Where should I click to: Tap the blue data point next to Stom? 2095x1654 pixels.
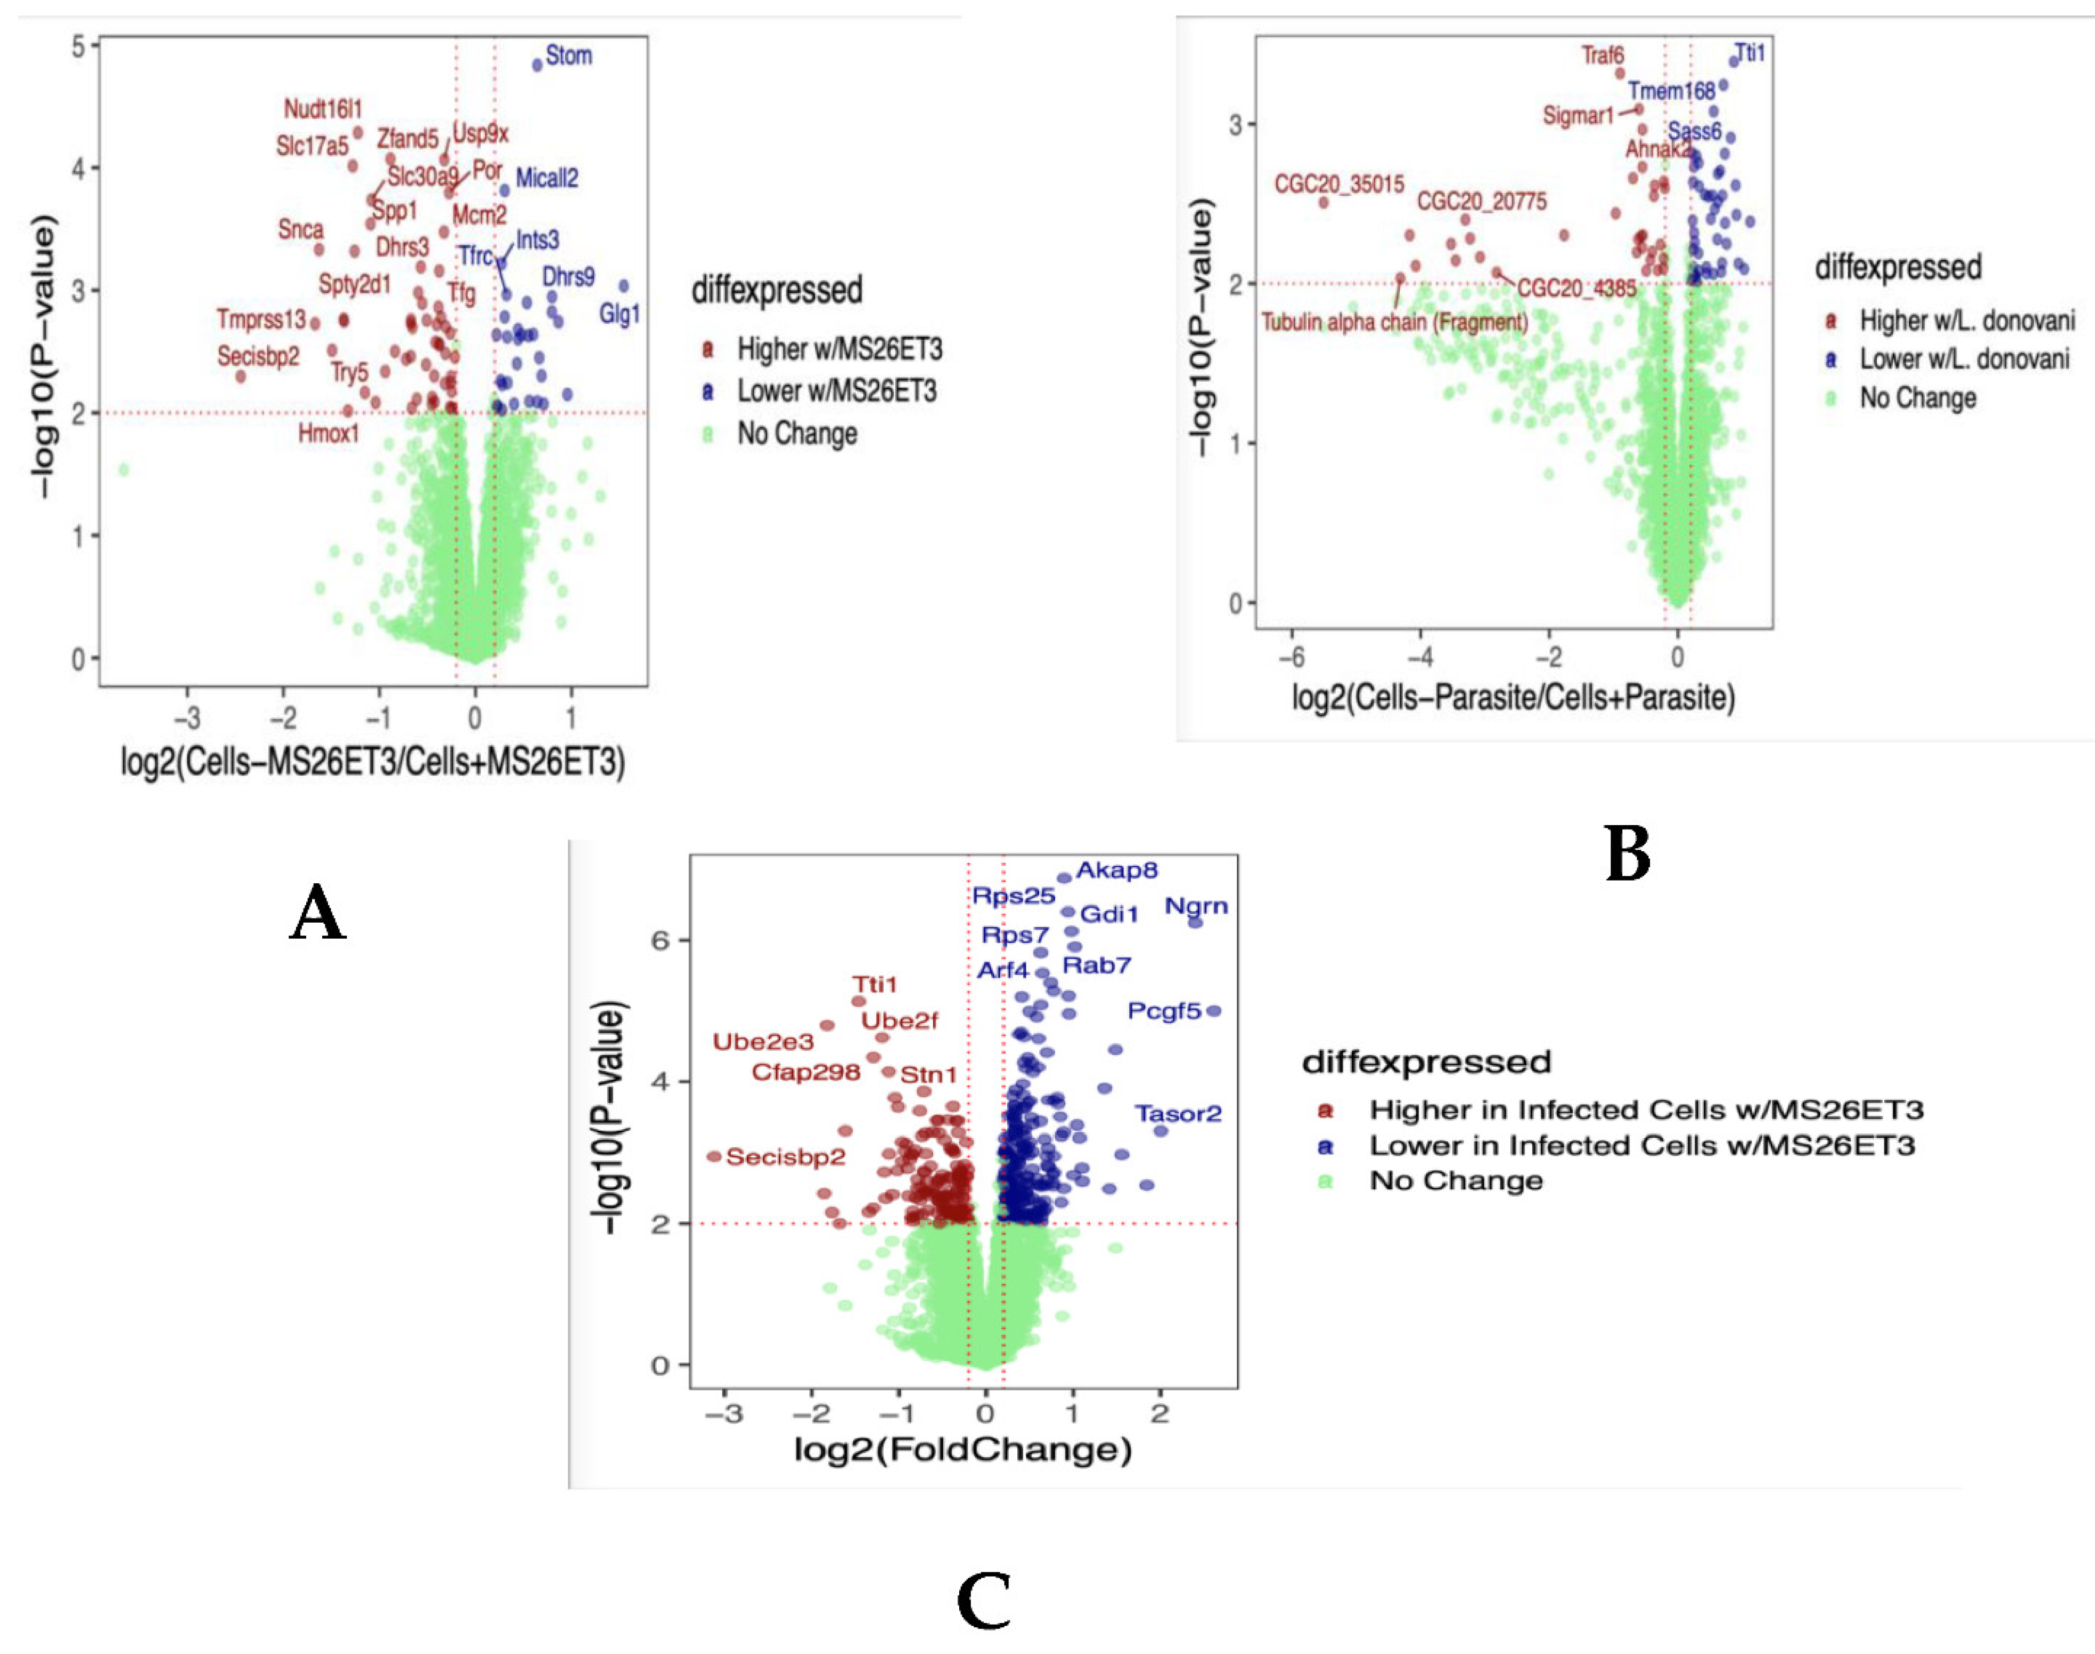pos(538,65)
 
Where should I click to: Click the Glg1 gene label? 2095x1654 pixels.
pos(620,314)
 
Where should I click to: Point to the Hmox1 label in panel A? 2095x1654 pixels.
pos(328,433)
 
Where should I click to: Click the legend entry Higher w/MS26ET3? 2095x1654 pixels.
pos(839,349)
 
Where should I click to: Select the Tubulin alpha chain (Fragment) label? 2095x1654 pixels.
pos(1395,322)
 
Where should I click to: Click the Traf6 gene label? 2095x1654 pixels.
pos(1603,55)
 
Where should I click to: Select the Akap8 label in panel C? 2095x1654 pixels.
pos(1117,869)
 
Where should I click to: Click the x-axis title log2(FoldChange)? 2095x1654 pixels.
pos(963,1450)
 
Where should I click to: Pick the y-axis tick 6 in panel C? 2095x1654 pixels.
pos(660,940)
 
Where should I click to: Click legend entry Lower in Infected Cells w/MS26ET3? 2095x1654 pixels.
pos(1641,1146)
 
